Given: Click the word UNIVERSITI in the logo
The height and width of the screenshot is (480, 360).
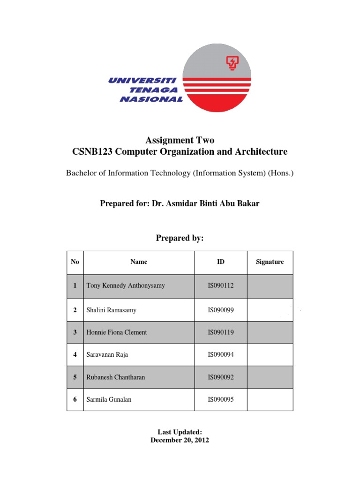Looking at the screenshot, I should (x=142, y=81).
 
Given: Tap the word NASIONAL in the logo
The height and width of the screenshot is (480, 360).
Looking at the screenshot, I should (x=151, y=99).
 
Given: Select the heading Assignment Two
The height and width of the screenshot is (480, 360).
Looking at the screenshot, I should (x=180, y=140).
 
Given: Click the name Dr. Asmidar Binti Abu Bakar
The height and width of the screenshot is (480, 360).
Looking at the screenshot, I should (x=205, y=203).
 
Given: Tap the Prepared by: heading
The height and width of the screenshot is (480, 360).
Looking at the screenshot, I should (x=180, y=238).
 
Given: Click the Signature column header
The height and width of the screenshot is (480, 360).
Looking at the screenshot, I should (x=270, y=262).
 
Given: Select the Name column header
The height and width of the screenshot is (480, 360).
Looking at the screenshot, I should (x=139, y=262).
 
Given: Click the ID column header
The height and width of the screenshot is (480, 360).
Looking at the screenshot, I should (x=221, y=262).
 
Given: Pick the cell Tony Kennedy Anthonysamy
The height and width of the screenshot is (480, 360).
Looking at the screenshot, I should (x=126, y=285).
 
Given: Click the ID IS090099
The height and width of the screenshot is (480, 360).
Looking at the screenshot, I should (x=221, y=310).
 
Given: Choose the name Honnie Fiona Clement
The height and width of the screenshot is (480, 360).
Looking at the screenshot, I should (x=117, y=332).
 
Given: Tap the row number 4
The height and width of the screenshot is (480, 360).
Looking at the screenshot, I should (x=75, y=355).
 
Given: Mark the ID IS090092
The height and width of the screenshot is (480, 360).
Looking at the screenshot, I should (x=221, y=377).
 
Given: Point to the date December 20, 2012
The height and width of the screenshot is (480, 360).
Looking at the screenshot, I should (x=180, y=440).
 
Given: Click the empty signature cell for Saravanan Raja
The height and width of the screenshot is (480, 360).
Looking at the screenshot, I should (x=270, y=355).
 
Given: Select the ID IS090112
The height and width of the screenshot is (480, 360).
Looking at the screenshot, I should (x=221, y=285).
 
